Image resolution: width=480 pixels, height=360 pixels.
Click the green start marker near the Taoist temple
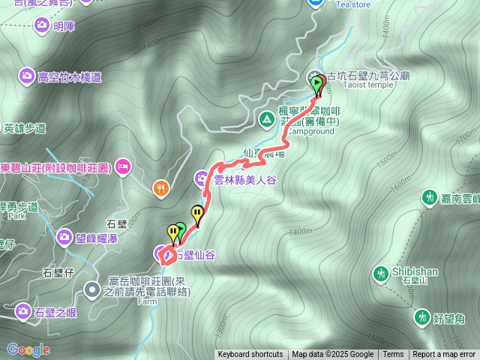[316, 84]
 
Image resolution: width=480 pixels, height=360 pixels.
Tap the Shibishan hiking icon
[382, 273]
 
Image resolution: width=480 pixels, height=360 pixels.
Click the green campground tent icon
[266, 118]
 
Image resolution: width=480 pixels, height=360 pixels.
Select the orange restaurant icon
[161, 188]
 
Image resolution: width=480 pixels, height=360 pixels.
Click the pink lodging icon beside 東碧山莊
[123, 166]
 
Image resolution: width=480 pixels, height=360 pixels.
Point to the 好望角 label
[449, 319]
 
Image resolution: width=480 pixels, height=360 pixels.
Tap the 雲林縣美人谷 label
[245, 180]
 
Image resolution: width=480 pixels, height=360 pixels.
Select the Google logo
[28, 349]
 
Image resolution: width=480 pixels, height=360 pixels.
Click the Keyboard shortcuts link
[250, 355]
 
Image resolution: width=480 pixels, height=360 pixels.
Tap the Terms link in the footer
[393, 355]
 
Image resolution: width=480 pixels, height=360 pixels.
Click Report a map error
[444, 355]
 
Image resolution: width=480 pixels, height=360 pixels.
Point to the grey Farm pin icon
[92, 288]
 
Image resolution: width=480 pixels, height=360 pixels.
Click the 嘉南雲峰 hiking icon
[429, 198]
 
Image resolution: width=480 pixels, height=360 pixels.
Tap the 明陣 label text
[64, 26]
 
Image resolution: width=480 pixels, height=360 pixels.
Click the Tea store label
[352, 4]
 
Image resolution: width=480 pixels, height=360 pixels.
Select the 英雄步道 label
[25, 127]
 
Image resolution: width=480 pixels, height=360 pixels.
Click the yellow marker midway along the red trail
[197, 214]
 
